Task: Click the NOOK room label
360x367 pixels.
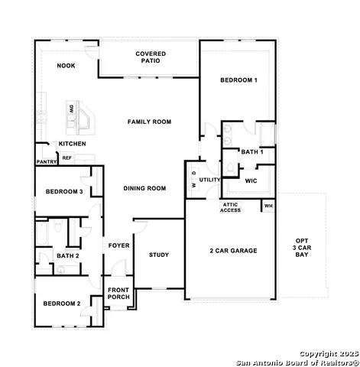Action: (66, 66)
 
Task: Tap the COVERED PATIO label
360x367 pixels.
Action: (151, 57)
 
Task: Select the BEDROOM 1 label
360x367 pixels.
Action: (238, 80)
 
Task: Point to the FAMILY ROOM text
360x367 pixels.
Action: (149, 122)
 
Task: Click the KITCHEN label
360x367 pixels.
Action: (73, 144)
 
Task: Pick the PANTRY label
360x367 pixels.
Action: (46, 161)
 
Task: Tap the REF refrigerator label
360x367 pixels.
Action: (66, 158)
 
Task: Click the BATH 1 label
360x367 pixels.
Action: (251, 152)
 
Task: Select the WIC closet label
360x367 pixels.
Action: (251, 181)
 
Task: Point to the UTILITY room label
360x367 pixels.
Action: (210, 180)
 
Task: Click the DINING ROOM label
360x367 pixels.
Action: (144, 188)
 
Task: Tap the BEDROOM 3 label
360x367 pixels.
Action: (63, 191)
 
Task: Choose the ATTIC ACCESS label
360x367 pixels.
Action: (231, 207)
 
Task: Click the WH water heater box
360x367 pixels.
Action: (268, 206)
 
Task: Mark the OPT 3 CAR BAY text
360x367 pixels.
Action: (302, 249)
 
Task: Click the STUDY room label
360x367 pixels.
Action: (159, 255)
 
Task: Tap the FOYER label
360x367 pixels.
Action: (118, 245)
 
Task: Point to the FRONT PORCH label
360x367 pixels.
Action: (118, 294)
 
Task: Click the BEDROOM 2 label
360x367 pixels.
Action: (61, 304)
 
